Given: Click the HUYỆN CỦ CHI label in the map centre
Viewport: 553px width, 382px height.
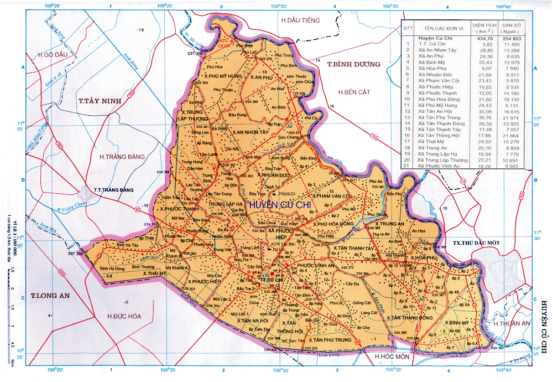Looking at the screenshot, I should pyautogui.click(x=281, y=205).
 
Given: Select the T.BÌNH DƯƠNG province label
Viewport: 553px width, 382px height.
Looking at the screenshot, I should pyautogui.click(x=354, y=64).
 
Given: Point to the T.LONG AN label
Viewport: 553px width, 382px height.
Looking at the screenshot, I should pyautogui.click(x=50, y=296).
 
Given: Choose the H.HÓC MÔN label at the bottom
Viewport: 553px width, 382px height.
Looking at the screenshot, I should pyautogui.click(x=392, y=357).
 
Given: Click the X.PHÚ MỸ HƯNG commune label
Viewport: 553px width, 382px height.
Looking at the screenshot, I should pyautogui.click(x=223, y=76).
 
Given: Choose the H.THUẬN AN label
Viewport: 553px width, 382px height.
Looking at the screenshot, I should pyautogui.click(x=512, y=323).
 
